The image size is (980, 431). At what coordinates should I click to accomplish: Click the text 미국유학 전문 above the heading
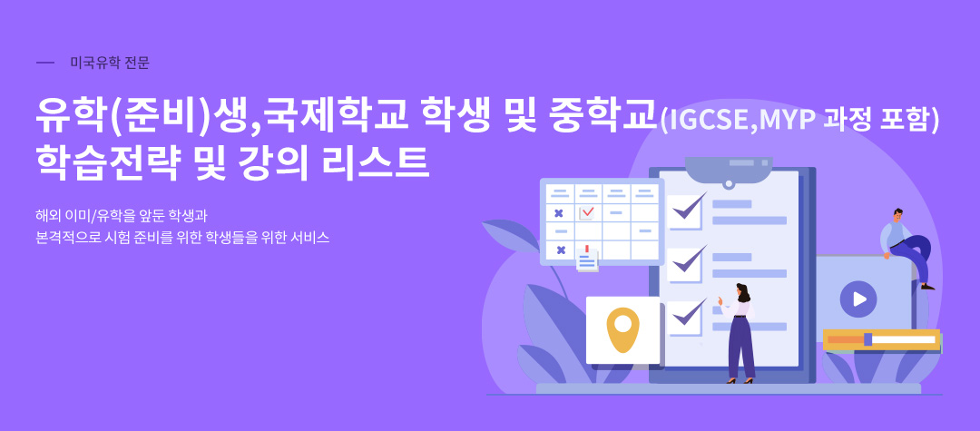coord(110,64)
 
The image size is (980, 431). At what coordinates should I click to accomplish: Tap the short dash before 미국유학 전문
coord(45,64)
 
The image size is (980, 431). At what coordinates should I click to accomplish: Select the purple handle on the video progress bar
coord(867,339)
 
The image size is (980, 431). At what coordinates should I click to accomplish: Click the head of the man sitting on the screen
coord(897,215)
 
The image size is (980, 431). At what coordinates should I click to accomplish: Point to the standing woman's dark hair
coord(743,291)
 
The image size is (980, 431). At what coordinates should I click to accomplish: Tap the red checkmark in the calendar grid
coord(587,212)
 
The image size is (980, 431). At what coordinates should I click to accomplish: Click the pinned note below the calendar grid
coord(587,259)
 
